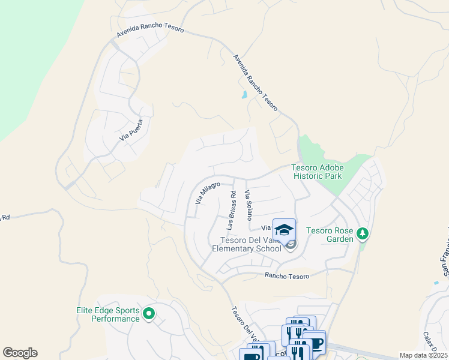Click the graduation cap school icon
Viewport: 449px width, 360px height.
pos(284,230)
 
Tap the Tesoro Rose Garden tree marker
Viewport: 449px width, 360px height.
pos(362,233)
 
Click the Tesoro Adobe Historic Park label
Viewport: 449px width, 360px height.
pos(317,172)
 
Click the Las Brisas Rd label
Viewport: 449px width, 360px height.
pos(231,210)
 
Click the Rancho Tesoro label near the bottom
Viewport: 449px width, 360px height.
pos(287,275)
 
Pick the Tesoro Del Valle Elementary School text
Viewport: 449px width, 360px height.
pos(246,244)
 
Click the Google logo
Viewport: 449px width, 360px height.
pos(20,353)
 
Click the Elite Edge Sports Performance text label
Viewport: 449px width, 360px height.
pos(107,314)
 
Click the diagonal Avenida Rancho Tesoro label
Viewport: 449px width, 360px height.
pos(256,81)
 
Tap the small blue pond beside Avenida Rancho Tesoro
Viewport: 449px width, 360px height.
pos(244,95)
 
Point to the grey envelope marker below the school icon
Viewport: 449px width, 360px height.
pos(291,244)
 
